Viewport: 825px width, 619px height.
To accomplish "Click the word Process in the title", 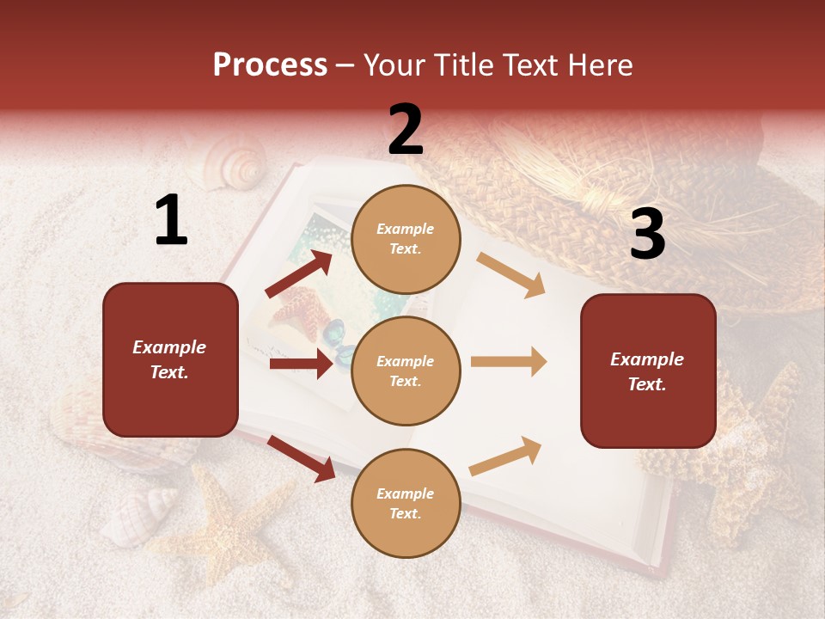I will (270, 64).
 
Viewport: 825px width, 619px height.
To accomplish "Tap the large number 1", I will (171, 221).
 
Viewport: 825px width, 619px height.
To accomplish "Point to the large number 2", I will (406, 130).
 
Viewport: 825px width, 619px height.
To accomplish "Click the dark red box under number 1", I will (170, 359).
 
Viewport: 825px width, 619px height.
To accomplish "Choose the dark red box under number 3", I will (648, 371).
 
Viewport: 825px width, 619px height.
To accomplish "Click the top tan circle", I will (406, 239).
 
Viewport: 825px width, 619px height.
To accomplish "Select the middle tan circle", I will (406, 371).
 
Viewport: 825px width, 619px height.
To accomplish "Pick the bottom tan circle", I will (406, 503).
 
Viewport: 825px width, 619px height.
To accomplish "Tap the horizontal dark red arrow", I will (301, 364).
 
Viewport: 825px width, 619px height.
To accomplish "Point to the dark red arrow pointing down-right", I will (302, 458).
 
